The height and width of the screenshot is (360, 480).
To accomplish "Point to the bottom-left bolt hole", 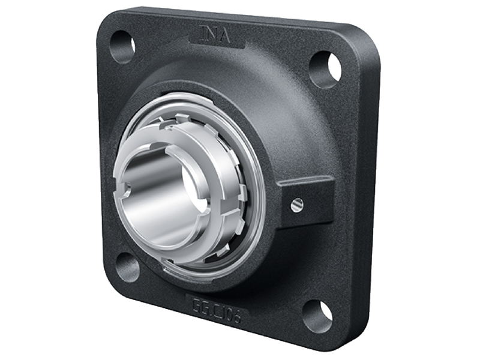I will coord(128,266).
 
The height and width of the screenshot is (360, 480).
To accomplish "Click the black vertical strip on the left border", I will coord(24,180).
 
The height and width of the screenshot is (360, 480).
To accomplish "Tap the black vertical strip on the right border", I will coord(456,180).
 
